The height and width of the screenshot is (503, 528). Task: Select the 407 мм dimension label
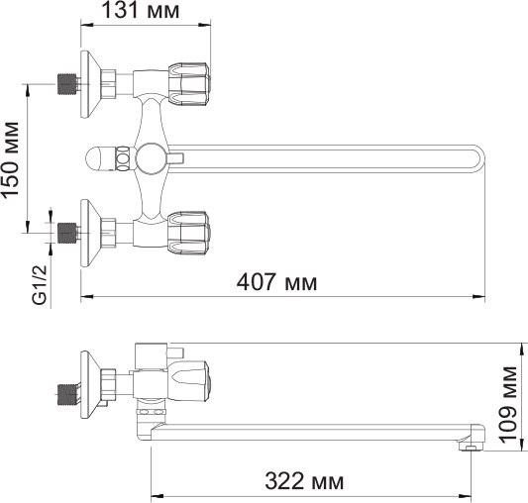coord(278,283)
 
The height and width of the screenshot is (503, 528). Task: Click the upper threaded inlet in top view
coord(66,83)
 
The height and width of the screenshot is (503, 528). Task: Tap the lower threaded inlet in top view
coord(66,232)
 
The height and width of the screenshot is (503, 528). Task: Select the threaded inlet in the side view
coord(66,392)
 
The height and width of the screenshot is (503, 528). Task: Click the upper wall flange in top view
coord(91,83)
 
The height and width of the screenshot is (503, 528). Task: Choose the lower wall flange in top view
coord(91,232)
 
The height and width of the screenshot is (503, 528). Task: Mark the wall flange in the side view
coord(91,386)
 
